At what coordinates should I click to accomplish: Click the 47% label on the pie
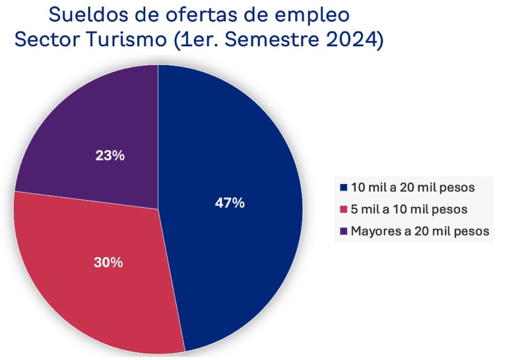pyautogui.click(x=230, y=204)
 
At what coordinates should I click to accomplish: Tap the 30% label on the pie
pyautogui.click(x=108, y=262)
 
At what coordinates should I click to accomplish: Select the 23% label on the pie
pyautogui.click(x=110, y=156)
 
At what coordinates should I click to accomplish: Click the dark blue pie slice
pyautogui.click(x=243, y=145)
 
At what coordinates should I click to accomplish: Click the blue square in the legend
pyautogui.click(x=344, y=188)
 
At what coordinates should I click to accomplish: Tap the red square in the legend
pyautogui.click(x=344, y=209)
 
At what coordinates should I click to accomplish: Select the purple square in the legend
pyautogui.click(x=344, y=231)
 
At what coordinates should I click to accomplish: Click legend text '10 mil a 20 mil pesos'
pyautogui.click(x=413, y=188)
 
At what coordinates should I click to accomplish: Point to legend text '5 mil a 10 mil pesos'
pyautogui.click(x=409, y=209)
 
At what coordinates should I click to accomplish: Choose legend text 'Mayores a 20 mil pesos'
pyautogui.click(x=421, y=231)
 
